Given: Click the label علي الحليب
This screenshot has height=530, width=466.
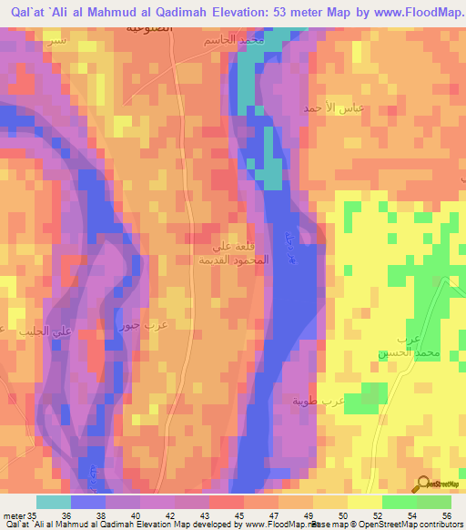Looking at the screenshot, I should (23, 331).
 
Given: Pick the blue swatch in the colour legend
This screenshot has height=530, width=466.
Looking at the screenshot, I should (87, 502).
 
